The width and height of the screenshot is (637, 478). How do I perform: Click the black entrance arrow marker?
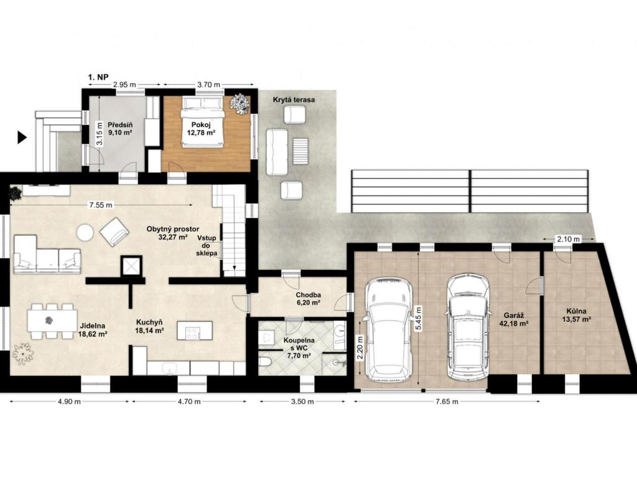click(22, 138)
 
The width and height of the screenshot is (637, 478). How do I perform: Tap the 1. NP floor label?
click(98, 77)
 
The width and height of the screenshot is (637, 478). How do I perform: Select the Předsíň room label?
click(120, 128)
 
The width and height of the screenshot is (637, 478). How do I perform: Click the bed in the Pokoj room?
click(203, 121)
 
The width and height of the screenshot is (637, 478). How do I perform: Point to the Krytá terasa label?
click(294, 100)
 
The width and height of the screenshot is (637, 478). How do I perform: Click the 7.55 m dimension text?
click(101, 205)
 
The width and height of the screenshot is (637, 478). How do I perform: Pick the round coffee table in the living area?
click(85, 233)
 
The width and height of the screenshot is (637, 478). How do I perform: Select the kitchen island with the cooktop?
click(195, 330)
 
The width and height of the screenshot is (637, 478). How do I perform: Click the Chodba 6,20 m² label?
click(309, 299)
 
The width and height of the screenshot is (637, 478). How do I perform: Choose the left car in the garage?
click(389, 330)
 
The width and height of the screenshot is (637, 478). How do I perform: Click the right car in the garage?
click(468, 326)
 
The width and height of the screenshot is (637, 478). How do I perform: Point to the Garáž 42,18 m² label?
click(513, 319)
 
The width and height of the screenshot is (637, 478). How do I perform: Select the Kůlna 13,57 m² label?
click(576, 316)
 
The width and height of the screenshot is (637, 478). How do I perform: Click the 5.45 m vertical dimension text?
click(419, 319)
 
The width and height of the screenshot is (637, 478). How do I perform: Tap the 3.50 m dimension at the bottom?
click(303, 401)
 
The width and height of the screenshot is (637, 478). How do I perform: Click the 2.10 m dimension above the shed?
click(569, 239)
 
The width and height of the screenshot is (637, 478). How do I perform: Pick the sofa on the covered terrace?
click(277, 152)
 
